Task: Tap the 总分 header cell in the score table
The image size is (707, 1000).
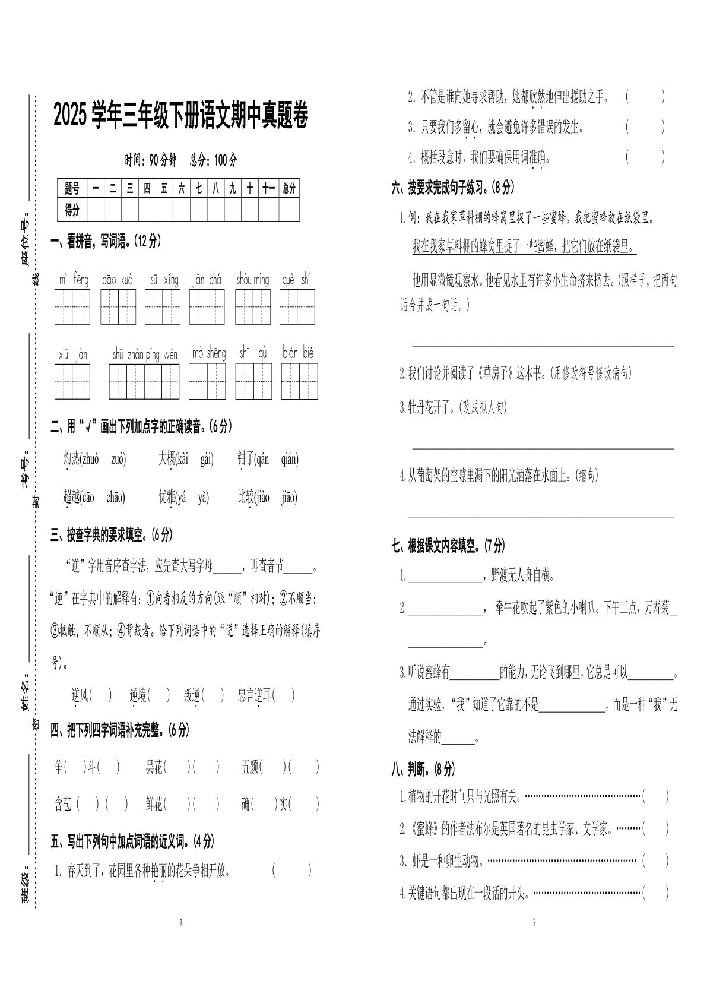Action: pyautogui.click(x=288, y=189)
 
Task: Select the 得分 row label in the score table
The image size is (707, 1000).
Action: pyautogui.click(x=72, y=210)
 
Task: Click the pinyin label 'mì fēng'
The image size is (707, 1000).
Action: pyautogui.click(x=73, y=279)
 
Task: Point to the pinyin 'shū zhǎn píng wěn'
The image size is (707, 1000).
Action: pyautogui.click(x=144, y=355)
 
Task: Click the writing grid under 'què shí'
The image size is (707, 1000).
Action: pyautogui.click(x=297, y=307)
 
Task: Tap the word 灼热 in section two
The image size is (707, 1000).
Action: pyautogui.click(x=71, y=459)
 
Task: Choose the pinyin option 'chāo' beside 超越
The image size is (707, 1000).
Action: pyautogui.click(x=115, y=498)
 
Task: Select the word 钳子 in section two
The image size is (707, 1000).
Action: pyautogui.click(x=245, y=459)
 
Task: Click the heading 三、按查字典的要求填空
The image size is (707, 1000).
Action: pyautogui.click(x=112, y=535)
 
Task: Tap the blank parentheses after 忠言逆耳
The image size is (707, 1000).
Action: pyautogui.click(x=284, y=695)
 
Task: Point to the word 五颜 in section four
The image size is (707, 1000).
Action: pyautogui.click(x=250, y=767)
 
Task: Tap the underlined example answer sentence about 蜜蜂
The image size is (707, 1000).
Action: pyautogui.click(x=524, y=247)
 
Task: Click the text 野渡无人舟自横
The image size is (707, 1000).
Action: pyautogui.click(x=523, y=575)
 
